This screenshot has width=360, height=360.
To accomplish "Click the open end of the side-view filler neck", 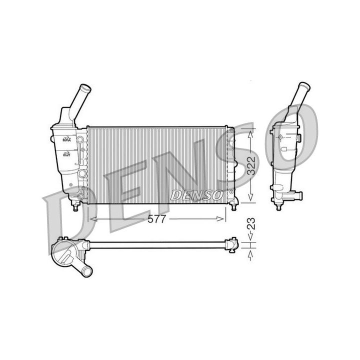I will coord(305,86).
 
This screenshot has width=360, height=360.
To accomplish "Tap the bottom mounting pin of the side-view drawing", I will coord(278,205).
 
